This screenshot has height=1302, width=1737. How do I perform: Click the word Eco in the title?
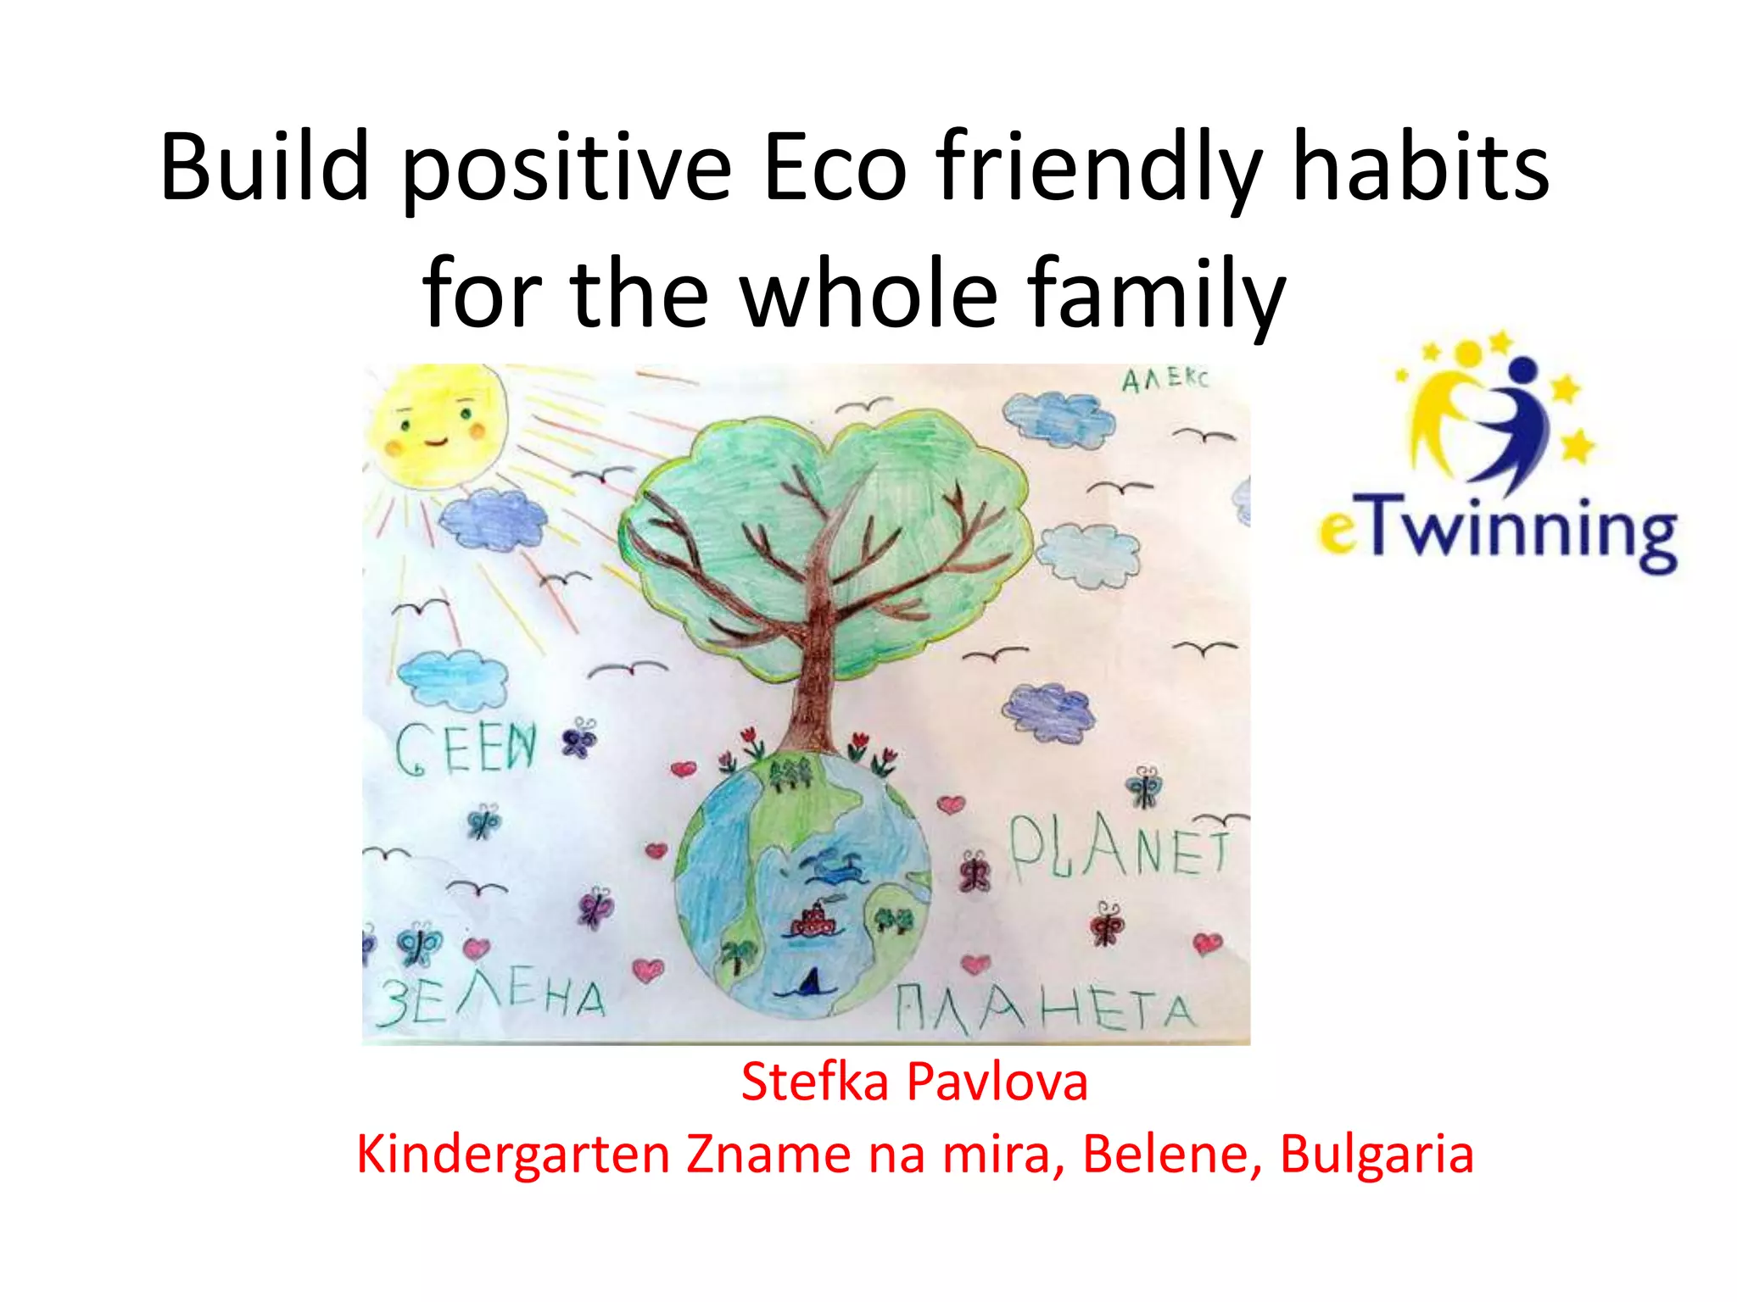(x=835, y=167)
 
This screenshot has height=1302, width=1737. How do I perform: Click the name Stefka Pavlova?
(x=913, y=1082)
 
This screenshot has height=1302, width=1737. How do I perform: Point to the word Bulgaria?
(x=1376, y=1155)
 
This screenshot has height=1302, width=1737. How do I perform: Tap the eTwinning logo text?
(x=1497, y=532)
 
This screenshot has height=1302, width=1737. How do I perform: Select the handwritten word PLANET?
(x=1118, y=847)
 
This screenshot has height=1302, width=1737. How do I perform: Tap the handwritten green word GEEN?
(x=466, y=748)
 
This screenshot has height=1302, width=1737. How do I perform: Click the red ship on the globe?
(x=814, y=921)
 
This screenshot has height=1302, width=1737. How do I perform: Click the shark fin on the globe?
(x=810, y=983)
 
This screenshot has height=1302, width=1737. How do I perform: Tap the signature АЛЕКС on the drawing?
(x=1165, y=379)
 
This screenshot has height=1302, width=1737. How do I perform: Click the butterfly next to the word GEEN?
(x=580, y=737)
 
